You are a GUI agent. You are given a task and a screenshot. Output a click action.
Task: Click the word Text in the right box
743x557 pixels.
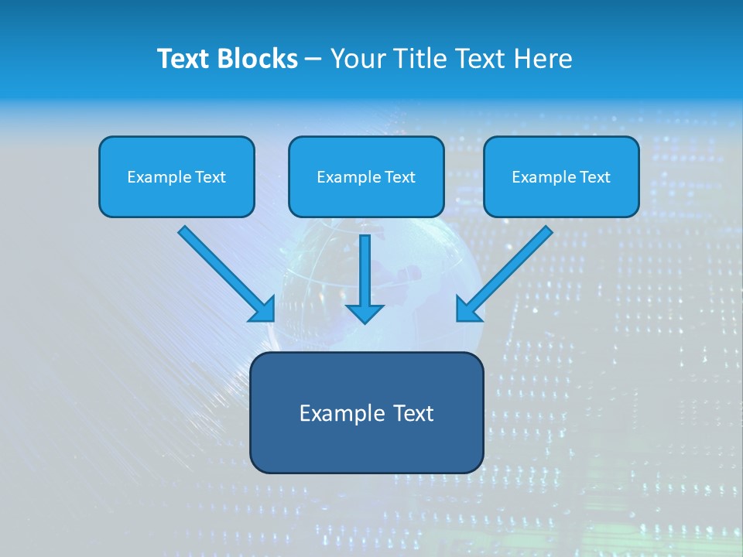(x=594, y=177)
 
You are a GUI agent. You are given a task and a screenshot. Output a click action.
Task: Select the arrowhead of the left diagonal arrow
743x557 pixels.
(x=263, y=309)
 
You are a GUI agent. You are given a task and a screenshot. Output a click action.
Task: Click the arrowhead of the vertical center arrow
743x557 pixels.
(x=365, y=313)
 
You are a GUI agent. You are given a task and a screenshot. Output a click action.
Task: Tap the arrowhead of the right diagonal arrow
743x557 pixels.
(x=467, y=309)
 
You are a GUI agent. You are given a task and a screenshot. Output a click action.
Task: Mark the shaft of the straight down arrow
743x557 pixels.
(x=365, y=267)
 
